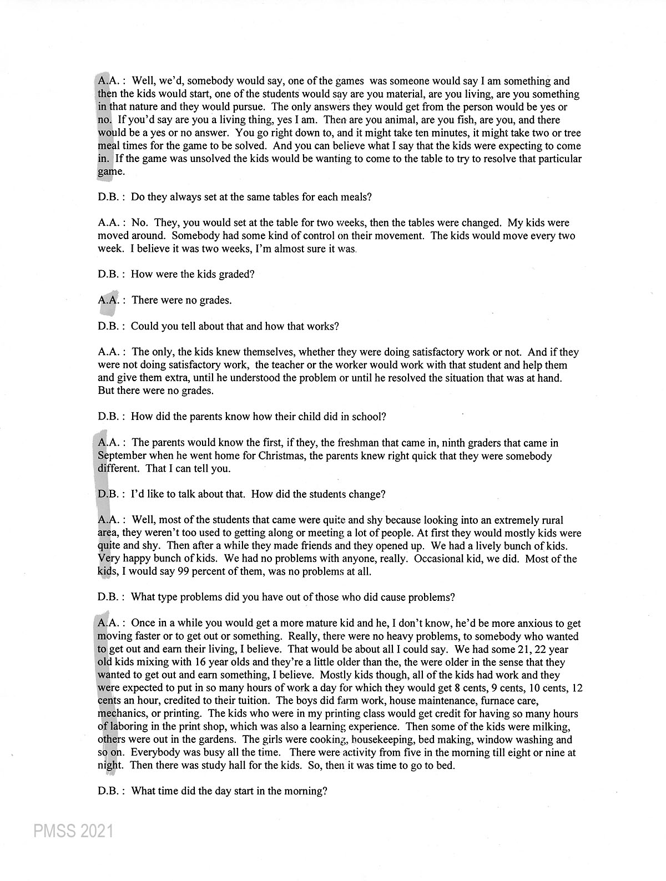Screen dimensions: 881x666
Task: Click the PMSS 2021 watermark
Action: point(73,831)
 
